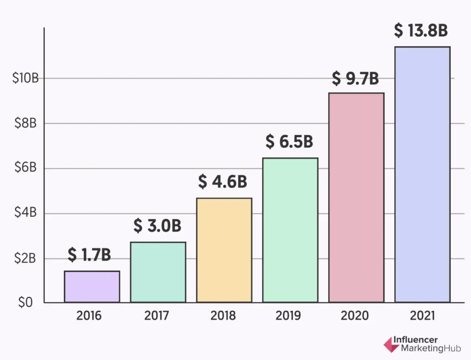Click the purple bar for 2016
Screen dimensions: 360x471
[x=92, y=286]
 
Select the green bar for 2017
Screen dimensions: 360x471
[x=158, y=272]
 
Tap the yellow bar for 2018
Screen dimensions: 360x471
[x=224, y=250]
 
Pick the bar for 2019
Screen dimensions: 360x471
[x=290, y=230]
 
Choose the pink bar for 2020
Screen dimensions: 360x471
[x=356, y=197]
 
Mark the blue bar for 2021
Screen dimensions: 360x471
[x=423, y=174]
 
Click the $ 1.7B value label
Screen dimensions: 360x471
[x=89, y=254]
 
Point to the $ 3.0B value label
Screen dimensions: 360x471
[x=157, y=226]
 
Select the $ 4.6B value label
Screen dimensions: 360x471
[x=223, y=182]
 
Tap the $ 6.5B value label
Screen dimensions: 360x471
[x=289, y=142]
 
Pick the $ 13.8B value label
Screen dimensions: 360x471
[x=421, y=30]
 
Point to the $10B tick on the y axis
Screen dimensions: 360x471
[x=25, y=78]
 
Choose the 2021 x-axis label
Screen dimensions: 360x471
[x=422, y=316]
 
